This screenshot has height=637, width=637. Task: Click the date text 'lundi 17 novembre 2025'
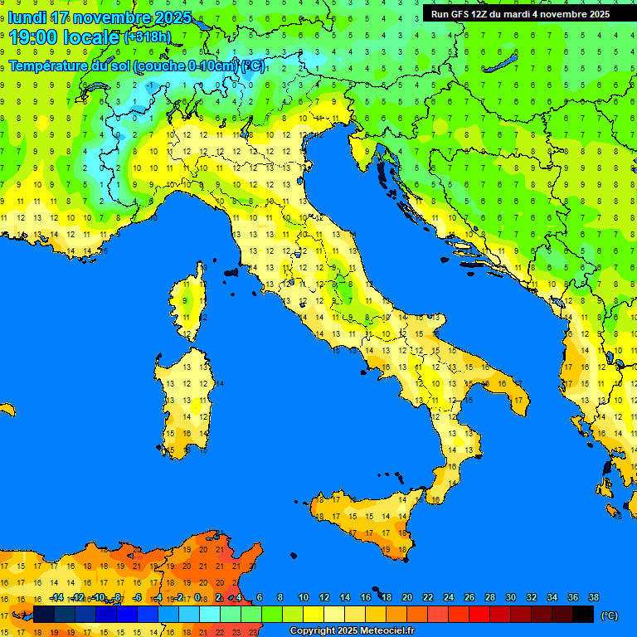[x=100, y=17]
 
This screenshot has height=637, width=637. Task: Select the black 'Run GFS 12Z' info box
[x=519, y=14]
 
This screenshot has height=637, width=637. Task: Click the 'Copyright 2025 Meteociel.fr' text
[x=352, y=630]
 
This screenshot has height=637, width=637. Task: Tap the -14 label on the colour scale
[x=56, y=597]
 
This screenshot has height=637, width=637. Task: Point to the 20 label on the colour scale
[x=406, y=597]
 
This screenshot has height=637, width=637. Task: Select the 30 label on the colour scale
[x=510, y=597]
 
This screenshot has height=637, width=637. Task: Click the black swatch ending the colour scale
[x=583, y=614]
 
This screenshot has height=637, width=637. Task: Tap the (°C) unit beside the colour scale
[x=609, y=615]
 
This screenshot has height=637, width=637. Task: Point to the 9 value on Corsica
[x=186, y=300]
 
